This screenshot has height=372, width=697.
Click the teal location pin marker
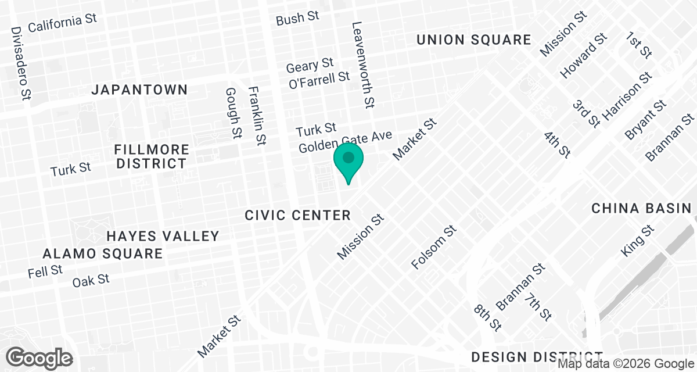tap(348, 162)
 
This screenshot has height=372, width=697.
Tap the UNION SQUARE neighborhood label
tap(474, 40)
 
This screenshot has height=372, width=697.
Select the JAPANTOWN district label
tap(140, 90)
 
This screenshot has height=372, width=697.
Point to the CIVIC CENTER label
tap(297, 216)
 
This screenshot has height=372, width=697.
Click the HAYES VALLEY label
tap(163, 236)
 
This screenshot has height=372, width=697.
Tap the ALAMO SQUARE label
tap(103, 254)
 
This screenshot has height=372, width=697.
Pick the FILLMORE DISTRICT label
tap(152, 156)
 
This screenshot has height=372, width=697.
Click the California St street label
tap(62, 23)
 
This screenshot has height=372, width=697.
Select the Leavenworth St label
tap(363, 66)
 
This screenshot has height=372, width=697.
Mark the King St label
tap(637, 242)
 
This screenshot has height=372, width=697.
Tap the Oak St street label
tap(91, 281)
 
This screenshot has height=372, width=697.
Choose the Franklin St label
tap(257, 116)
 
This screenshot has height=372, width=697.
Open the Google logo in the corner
tap(40, 357)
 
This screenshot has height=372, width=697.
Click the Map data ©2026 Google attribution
tap(626, 364)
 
